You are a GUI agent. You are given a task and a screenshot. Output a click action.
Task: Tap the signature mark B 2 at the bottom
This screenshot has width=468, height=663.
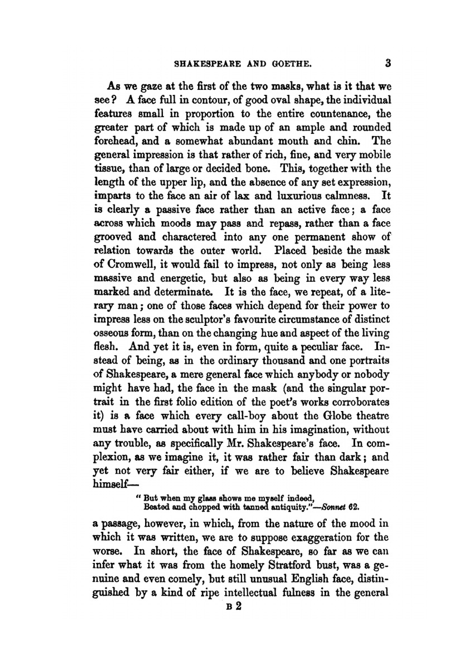(233, 606)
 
